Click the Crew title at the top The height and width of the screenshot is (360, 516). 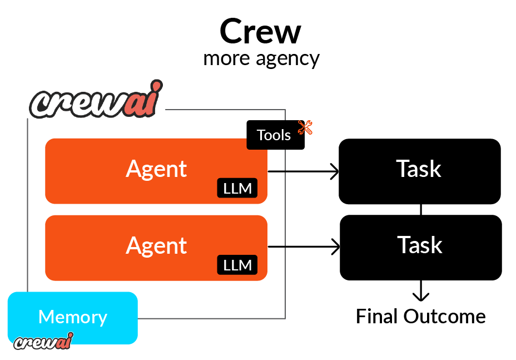[x=260, y=32]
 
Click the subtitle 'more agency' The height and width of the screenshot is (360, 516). [x=261, y=58]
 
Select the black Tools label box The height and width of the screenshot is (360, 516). [x=275, y=135]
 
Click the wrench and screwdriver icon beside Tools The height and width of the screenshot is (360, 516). [x=305, y=127]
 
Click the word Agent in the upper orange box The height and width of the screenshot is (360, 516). [x=156, y=169]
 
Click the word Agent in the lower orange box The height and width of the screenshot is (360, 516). [x=156, y=245]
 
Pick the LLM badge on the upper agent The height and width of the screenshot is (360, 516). [x=237, y=189]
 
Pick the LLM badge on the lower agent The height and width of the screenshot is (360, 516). [x=237, y=265]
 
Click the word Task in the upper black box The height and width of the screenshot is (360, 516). [x=419, y=169]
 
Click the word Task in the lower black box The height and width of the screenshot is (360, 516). [x=420, y=245]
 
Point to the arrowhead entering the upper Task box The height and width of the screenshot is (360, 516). [x=335, y=172]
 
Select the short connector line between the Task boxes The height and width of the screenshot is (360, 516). [x=420, y=210]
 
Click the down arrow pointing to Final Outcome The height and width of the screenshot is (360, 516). [x=421, y=292]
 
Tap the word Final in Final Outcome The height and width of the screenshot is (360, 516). [x=377, y=317]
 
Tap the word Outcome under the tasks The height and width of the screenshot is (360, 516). [x=444, y=317]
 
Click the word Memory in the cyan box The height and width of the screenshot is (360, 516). [x=73, y=317]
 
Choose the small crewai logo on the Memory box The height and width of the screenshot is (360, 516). [x=43, y=340]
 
